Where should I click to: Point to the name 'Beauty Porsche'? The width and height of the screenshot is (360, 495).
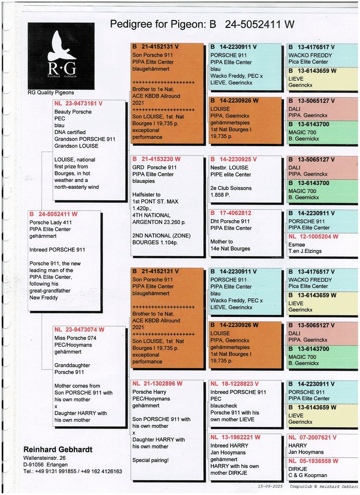[73, 112]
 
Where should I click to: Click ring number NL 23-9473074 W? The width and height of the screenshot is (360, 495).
[79, 330]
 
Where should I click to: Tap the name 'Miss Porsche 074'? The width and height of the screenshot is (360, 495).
[76, 338]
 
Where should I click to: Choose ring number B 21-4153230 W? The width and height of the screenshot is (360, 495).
[156, 159]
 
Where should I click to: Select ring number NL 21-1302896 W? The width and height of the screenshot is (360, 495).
[157, 384]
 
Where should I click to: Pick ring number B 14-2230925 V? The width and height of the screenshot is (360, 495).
[233, 159]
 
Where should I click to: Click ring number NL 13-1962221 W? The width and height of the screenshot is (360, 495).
[235, 437]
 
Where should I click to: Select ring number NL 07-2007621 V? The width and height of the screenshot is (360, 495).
[313, 437]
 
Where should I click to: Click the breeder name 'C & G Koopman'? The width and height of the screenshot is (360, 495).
[308, 475]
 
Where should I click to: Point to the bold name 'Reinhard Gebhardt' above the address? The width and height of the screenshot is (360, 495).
[58, 450]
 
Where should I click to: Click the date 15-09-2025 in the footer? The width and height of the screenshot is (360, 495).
[271, 487]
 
